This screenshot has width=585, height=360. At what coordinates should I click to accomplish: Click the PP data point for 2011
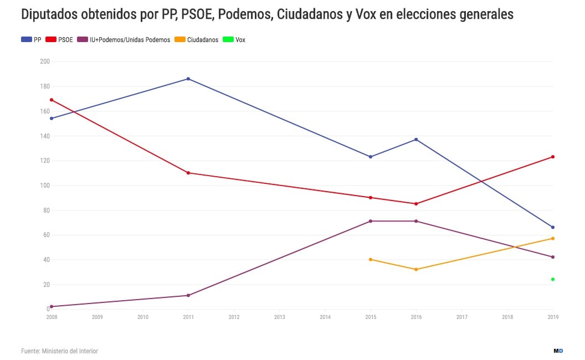pyautogui.click(x=188, y=79)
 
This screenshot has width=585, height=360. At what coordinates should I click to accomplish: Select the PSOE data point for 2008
pyautogui.click(x=52, y=100)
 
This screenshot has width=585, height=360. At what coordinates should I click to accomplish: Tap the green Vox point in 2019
pyautogui.click(x=553, y=279)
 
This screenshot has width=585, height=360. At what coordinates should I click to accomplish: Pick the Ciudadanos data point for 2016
pyautogui.click(x=416, y=269)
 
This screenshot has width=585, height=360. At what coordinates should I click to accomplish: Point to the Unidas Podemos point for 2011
pyautogui.click(x=188, y=295)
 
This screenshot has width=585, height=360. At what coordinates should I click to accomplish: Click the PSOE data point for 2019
pyautogui.click(x=553, y=157)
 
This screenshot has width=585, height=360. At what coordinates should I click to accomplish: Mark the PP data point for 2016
pyautogui.click(x=416, y=139)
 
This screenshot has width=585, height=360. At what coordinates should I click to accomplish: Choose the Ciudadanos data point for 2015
pyautogui.click(x=371, y=259)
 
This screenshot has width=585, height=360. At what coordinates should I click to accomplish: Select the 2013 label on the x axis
pyautogui.click(x=279, y=317)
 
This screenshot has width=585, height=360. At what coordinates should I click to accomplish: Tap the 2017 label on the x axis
pyautogui.click(x=461, y=317)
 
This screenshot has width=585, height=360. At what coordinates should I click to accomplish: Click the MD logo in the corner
pyautogui.click(x=558, y=351)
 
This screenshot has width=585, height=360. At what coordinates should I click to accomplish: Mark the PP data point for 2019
pyautogui.click(x=553, y=227)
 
